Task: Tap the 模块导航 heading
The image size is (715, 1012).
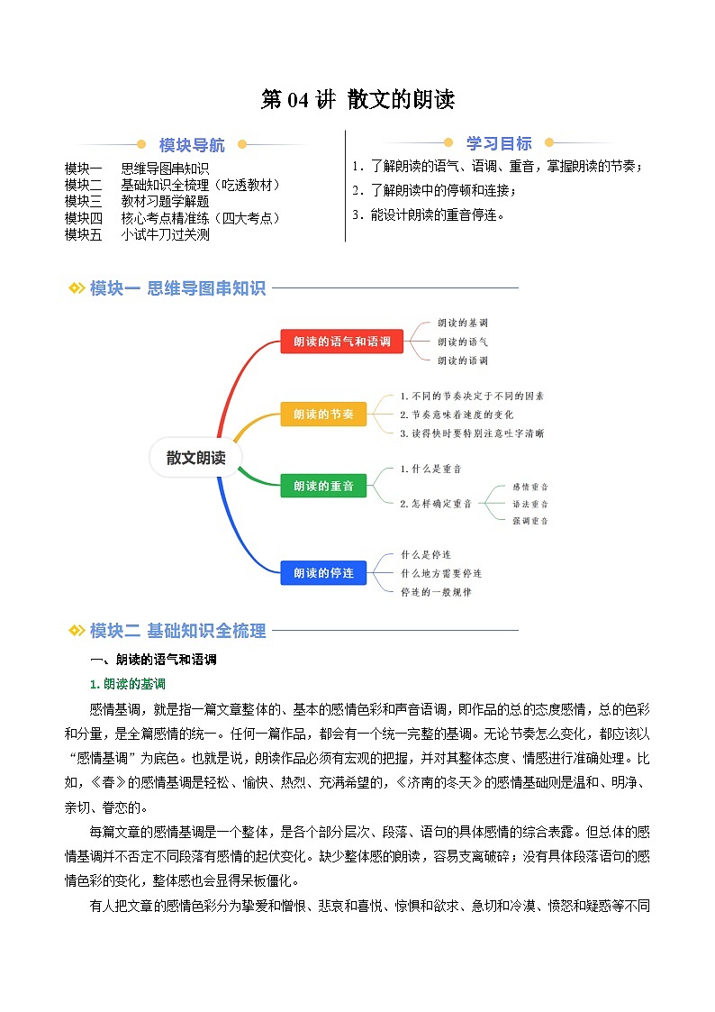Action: click(x=192, y=145)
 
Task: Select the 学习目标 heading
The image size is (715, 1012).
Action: click(x=498, y=143)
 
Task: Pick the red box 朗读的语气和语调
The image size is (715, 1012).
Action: click(x=341, y=342)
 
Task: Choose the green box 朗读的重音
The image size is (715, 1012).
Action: click(x=323, y=487)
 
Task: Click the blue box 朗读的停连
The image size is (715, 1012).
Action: click(x=323, y=572)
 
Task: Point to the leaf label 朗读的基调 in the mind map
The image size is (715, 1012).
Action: click(x=463, y=323)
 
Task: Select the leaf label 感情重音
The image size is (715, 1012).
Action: click(x=529, y=486)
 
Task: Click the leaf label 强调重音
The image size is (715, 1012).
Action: click(x=529, y=521)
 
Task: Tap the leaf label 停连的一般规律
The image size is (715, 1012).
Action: click(x=436, y=592)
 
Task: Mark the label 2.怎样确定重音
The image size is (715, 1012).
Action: click(x=436, y=504)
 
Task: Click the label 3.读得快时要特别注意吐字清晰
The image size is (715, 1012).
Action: click(x=472, y=433)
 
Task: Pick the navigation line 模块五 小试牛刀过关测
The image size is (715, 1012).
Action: click(x=137, y=234)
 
